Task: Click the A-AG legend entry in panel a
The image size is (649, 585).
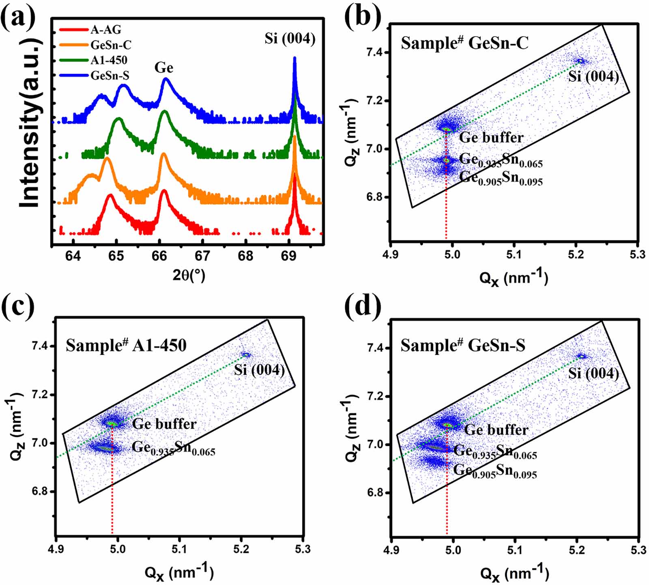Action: pos(105,30)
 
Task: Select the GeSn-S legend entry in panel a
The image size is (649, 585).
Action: pos(110,76)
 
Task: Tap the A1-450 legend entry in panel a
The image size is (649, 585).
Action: pos(109,60)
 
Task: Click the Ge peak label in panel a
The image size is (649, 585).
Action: pos(164,68)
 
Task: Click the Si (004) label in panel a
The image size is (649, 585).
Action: pos(290,39)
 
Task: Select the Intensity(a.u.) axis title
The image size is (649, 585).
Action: pos(31,123)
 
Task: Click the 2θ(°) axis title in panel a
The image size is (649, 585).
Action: pos(189,276)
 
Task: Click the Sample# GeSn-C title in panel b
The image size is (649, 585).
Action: pos(465,43)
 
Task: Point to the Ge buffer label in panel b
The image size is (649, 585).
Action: pos(491,138)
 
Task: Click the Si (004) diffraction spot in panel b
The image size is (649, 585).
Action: pos(581,61)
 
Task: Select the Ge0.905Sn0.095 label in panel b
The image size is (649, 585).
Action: pos(501,179)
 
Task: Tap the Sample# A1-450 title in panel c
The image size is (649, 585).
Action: pos(126,345)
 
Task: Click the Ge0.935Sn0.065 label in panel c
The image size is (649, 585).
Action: pos(174,448)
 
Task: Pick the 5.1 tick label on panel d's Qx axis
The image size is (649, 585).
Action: pos(515,550)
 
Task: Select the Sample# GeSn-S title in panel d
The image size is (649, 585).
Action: pos(463,345)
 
